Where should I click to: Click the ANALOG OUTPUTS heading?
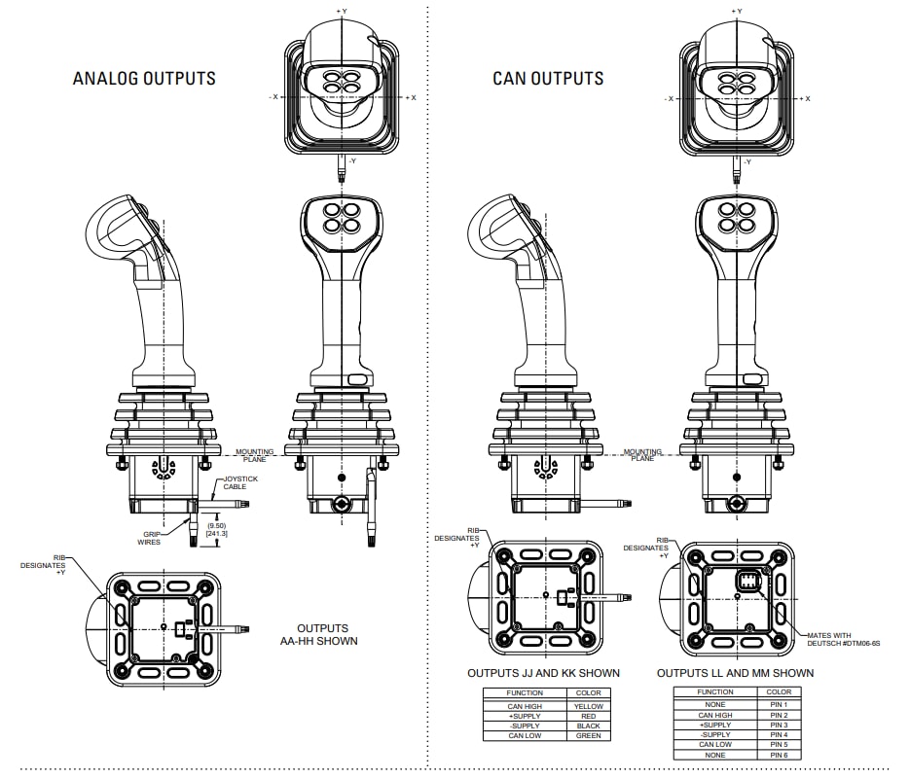(x=144, y=78)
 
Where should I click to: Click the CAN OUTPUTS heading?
(x=548, y=79)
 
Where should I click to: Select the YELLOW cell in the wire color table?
(x=589, y=706)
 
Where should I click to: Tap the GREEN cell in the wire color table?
(x=589, y=735)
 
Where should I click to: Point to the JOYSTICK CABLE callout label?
(x=241, y=482)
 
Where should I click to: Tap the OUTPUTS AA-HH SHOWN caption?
(x=327, y=634)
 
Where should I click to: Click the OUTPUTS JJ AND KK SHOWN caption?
(x=543, y=673)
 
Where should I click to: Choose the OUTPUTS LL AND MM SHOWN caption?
(x=735, y=673)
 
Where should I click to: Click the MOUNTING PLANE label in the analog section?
(x=254, y=453)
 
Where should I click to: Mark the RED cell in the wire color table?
(x=589, y=716)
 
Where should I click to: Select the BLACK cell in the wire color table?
(x=589, y=726)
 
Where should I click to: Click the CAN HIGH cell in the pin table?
(x=715, y=715)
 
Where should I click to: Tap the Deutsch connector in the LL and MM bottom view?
(x=750, y=588)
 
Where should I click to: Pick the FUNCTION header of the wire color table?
(x=526, y=693)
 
